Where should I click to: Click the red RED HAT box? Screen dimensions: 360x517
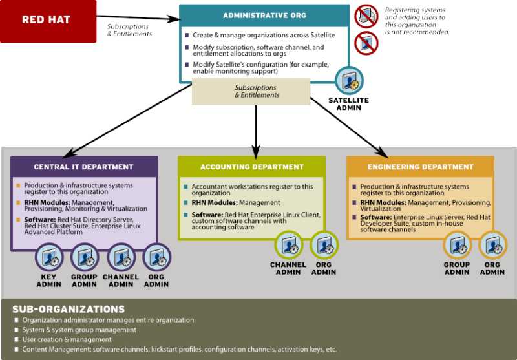pos(48,21)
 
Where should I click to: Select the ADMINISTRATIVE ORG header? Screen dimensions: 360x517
pos(255,15)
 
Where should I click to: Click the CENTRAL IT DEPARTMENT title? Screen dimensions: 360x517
pos(84,167)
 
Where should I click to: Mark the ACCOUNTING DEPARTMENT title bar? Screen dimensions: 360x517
pos(251,167)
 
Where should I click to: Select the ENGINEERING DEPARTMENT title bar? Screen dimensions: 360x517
pos(420,167)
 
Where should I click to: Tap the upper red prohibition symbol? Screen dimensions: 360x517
pos(366,16)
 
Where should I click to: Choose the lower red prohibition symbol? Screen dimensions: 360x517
pos(366,43)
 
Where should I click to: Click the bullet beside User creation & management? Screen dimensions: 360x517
pos(17,339)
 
